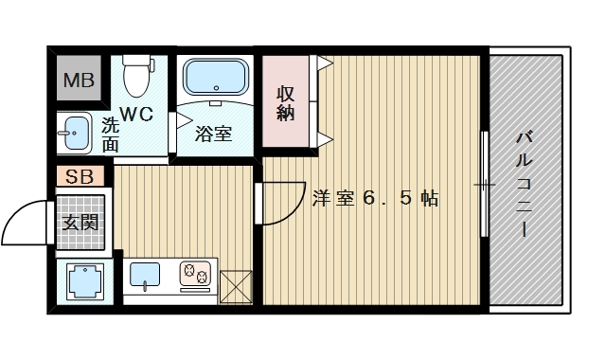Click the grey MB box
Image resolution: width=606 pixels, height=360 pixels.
(79, 81)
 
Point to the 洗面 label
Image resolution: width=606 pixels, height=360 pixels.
(111, 134)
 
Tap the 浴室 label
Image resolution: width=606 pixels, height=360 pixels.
(213, 134)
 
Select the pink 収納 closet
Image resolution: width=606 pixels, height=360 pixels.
(285, 103)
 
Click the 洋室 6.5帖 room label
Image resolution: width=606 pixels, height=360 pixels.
(374, 198)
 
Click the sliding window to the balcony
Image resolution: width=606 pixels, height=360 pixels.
(484, 184)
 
